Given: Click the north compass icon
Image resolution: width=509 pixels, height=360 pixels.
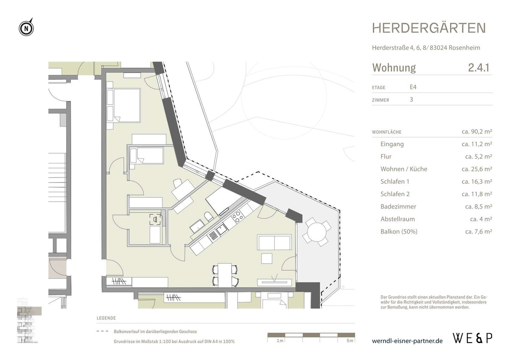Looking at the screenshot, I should pyautogui.click(x=26, y=28).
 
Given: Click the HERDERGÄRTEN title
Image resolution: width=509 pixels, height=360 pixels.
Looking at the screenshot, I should pyautogui.click(x=429, y=28).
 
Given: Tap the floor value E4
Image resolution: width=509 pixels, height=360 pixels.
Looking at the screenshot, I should pyautogui.click(x=413, y=87).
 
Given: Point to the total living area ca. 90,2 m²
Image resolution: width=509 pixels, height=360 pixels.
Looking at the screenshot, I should pyautogui.click(x=476, y=132).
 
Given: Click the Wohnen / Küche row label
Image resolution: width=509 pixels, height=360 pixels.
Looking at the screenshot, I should pyautogui.click(x=404, y=169).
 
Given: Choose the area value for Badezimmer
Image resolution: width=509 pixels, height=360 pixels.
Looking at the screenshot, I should pyautogui.click(x=476, y=207).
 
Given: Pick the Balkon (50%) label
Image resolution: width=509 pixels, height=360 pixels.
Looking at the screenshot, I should pyautogui.click(x=399, y=232).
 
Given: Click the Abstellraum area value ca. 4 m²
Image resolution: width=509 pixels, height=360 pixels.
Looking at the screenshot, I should pyautogui.click(x=481, y=219).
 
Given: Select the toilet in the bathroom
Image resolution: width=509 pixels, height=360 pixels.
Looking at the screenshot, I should pyautogui.click(x=208, y=217).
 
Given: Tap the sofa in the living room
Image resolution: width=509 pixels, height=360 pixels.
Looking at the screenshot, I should pyautogui.click(x=274, y=243).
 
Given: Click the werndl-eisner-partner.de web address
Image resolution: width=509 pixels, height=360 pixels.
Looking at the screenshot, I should pyautogui.click(x=407, y=341).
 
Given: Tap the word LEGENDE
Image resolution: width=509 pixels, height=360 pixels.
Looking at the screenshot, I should pyautogui.click(x=106, y=318).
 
